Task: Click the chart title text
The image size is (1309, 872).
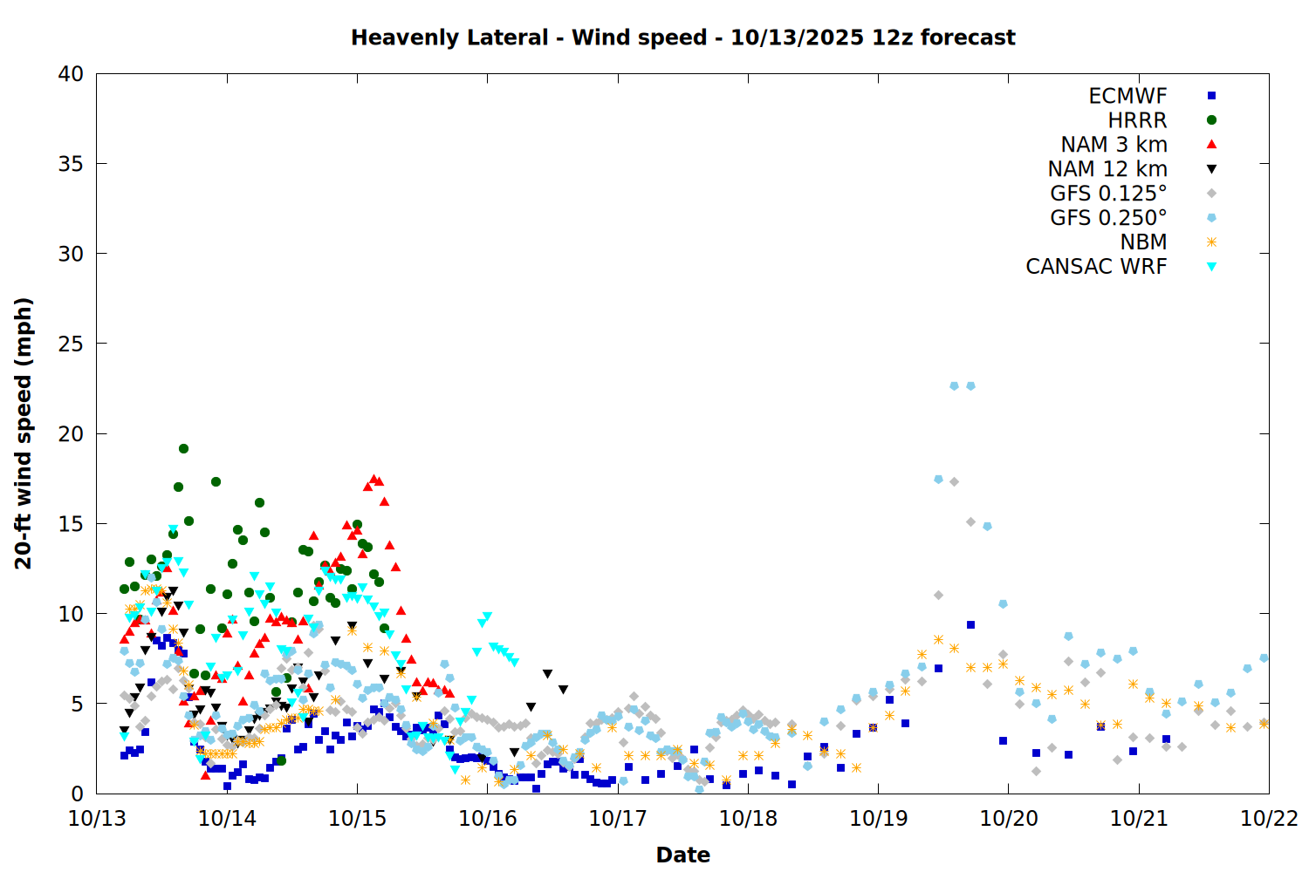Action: (x=682, y=37)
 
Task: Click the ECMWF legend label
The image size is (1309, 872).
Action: (x=1127, y=96)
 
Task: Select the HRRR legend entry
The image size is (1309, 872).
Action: (x=1137, y=120)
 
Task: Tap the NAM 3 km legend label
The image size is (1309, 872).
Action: (x=1114, y=145)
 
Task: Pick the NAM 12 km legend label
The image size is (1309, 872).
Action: (x=1107, y=169)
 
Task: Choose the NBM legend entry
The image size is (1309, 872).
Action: (x=1143, y=242)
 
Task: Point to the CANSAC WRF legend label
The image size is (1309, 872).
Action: (x=1096, y=267)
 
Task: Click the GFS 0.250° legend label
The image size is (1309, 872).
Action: (x=1108, y=218)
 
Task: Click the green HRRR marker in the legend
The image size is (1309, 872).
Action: (x=1211, y=120)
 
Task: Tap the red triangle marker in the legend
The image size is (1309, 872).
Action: (x=1211, y=144)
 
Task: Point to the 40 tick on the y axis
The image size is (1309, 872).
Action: (x=71, y=74)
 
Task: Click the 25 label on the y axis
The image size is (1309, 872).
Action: (x=71, y=344)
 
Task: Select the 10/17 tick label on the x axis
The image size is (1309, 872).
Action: (x=617, y=819)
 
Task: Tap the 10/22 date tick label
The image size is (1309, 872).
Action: (x=1269, y=819)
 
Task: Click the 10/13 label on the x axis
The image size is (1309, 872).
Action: (x=96, y=819)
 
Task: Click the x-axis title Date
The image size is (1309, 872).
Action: (x=682, y=855)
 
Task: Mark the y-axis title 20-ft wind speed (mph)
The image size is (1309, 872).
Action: (x=24, y=433)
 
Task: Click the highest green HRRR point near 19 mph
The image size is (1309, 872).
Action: (x=183, y=448)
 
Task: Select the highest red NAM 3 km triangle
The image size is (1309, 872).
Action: (x=374, y=479)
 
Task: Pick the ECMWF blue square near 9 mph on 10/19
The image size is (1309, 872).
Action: (x=970, y=624)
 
